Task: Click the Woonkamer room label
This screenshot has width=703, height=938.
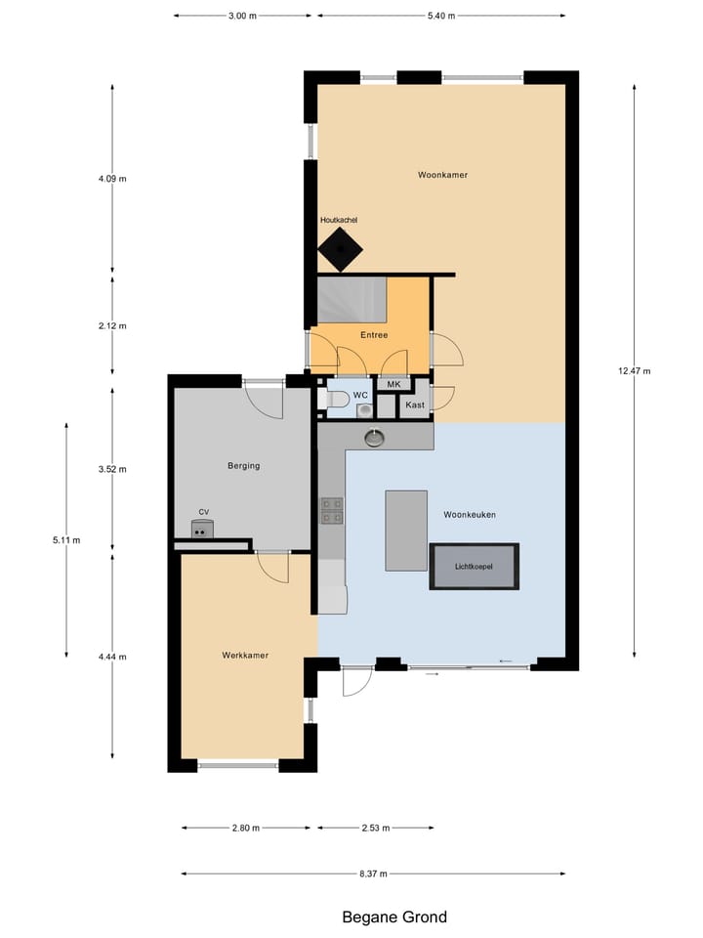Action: (442, 175)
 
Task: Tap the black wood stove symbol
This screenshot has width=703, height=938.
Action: (340, 251)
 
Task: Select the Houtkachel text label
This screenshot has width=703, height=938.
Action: (339, 221)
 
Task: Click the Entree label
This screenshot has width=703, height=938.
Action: (374, 335)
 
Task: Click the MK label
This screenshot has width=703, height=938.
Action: (393, 384)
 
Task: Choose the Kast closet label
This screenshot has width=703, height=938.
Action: (415, 404)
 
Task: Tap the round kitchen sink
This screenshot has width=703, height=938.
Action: (376, 438)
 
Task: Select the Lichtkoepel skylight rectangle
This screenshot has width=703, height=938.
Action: (475, 567)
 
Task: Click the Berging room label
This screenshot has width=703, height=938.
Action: (243, 466)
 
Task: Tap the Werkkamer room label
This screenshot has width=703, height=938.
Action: (245, 656)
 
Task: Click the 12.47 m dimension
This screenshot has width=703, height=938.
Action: (634, 370)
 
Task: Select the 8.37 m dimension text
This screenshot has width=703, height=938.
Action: (372, 874)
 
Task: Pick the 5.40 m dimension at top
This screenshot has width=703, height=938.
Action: (441, 17)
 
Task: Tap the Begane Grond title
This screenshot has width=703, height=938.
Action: (394, 917)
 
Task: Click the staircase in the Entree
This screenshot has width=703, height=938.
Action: (352, 299)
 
